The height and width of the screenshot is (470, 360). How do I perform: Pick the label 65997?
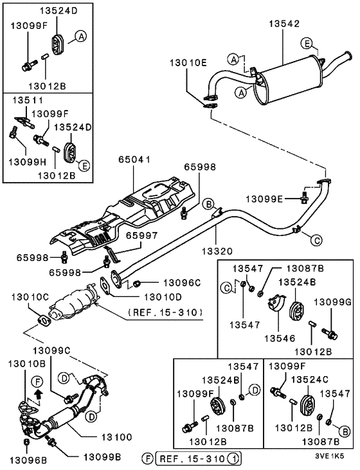point(140,236)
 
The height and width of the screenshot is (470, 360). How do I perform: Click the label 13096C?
point(182,282)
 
